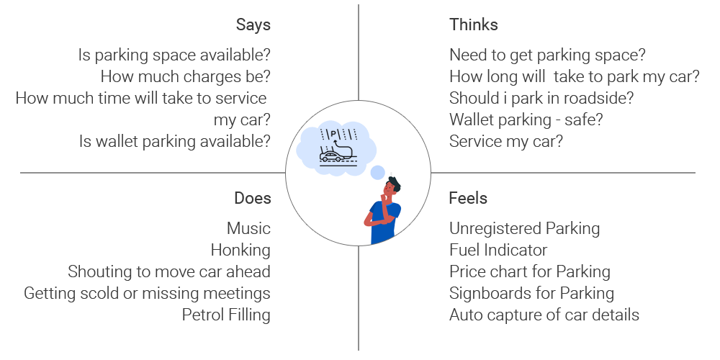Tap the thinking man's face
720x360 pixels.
[x=392, y=189]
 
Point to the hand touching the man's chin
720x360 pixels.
[x=388, y=197]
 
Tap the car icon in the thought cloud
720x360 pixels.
[x=331, y=157]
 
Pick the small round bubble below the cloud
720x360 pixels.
[x=377, y=172]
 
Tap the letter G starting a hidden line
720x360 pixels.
[x=29, y=294]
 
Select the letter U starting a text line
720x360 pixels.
[x=455, y=229]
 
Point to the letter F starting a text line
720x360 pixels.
[x=454, y=250]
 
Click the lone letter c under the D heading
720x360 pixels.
[x=266, y=229]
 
